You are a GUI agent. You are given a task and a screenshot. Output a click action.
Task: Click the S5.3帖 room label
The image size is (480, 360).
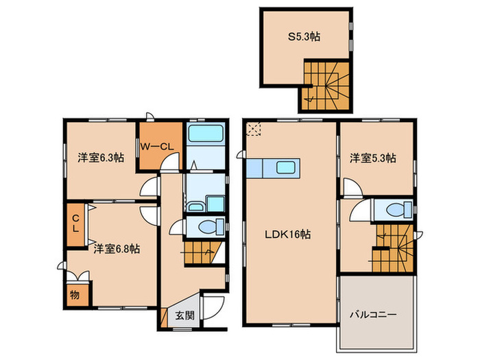(304, 37)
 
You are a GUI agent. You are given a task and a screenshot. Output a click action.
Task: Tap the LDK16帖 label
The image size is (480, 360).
(288, 235)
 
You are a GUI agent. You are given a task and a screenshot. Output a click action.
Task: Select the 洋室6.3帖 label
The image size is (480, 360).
(101, 158)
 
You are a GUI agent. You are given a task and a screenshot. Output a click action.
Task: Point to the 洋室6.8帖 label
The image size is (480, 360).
(117, 249)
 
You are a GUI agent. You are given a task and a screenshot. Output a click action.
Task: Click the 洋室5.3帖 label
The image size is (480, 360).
(373, 158)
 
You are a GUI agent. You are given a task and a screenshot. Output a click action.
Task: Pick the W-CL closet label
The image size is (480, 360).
(157, 147)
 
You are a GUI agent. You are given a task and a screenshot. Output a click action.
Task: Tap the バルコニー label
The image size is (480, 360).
(374, 314)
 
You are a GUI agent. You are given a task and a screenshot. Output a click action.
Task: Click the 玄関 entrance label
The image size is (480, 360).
(185, 315)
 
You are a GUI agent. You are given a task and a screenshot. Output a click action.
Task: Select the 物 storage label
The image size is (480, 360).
(75, 295)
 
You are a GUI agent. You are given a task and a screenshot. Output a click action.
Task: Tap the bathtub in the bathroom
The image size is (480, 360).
(206, 133)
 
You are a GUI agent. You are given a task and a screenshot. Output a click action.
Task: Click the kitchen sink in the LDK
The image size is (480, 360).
(285, 168)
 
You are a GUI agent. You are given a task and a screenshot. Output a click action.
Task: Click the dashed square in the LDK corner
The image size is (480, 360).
(254, 129)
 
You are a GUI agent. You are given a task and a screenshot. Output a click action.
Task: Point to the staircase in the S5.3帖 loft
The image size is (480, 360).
(326, 86)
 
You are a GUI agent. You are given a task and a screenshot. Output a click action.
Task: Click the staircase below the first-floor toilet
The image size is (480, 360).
(203, 253)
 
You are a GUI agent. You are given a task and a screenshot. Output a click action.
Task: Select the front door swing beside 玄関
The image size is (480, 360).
(213, 308)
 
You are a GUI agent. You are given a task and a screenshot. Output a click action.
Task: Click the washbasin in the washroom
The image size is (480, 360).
(195, 206)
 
